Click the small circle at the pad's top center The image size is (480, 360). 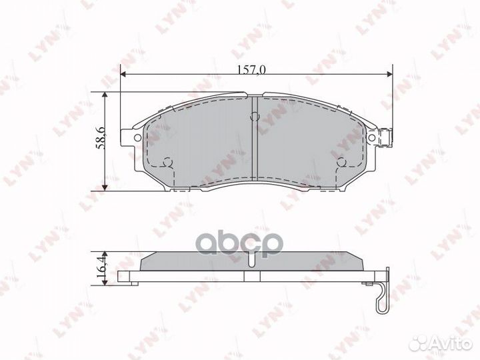coord(253,117)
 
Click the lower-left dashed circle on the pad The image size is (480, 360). coord(168,162)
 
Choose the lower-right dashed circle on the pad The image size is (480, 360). coord(341,162)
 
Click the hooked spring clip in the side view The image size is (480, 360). coord(381,297)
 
